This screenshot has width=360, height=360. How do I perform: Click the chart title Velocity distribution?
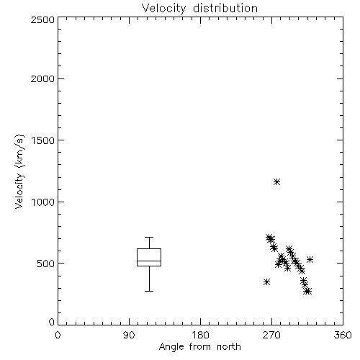coord(199,9)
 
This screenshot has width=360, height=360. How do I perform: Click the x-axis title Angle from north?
coord(199,347)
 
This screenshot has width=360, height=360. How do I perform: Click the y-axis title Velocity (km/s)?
coord(19,171)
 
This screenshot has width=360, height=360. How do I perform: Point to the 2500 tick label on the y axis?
coord(42,19)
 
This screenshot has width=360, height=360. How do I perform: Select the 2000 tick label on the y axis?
coord(42,78)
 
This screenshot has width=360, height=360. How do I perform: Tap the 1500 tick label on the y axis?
coord(43,140)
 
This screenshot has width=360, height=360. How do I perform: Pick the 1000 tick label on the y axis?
coord(43,202)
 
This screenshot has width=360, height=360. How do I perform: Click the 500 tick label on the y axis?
coord(46,264)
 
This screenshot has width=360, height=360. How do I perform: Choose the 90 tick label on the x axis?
coord(129,335)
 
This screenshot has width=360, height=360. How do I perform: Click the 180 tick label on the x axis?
coord(200,335)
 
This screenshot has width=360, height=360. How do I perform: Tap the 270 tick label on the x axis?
coord(271,335)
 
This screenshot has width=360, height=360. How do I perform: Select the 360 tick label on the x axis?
coord(343,335)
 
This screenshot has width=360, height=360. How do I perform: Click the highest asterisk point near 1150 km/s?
coord(277,181)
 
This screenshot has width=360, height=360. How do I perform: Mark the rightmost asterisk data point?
coord(310,259)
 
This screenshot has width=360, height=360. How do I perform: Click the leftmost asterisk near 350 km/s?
coord(266,282)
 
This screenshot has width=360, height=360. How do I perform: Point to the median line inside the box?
coord(149,261)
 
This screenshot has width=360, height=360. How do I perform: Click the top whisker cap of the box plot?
coord(149,237)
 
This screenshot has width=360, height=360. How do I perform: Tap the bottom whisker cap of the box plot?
coord(149,291)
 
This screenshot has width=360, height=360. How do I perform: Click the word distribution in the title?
coord(225,9)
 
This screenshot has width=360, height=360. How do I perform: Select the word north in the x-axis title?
coord(229,347)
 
